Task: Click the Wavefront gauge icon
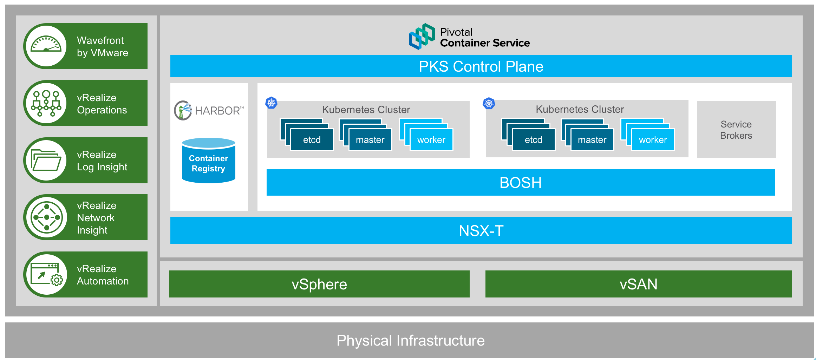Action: [x=46, y=46]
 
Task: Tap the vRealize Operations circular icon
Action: [x=46, y=103]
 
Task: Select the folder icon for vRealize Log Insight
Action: [x=46, y=160]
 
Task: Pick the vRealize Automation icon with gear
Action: [x=46, y=274]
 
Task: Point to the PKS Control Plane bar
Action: [x=481, y=66]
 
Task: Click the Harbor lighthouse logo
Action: [x=183, y=110]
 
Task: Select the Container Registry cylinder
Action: [x=209, y=161]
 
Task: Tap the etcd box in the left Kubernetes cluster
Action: [x=312, y=140]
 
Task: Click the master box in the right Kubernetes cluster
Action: [x=592, y=140]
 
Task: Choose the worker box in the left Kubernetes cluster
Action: [x=431, y=140]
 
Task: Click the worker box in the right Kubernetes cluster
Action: [x=653, y=140]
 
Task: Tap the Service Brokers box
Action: [x=736, y=130]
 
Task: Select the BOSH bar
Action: [x=521, y=182]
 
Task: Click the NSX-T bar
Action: [x=481, y=230]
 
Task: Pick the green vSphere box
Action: [x=319, y=284]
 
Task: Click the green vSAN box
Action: [x=639, y=284]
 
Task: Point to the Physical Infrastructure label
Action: [x=411, y=340]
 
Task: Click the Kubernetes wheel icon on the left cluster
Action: [x=271, y=103]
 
